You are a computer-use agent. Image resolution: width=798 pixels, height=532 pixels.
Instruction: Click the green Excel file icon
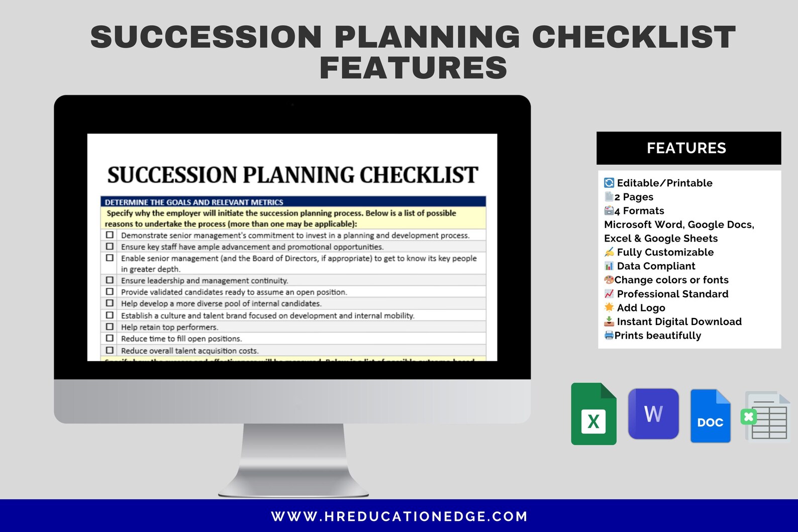click(593, 414)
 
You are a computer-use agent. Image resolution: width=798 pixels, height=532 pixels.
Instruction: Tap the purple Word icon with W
click(653, 413)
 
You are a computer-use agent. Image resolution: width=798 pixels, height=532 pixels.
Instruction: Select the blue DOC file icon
click(710, 416)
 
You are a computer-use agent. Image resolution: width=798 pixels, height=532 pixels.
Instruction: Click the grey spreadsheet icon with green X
click(765, 416)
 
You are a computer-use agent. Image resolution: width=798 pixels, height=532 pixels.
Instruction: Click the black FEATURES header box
click(688, 148)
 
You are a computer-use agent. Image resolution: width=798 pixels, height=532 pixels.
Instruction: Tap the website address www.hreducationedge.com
click(400, 516)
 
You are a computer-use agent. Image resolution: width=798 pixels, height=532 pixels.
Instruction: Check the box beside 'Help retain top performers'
click(110, 327)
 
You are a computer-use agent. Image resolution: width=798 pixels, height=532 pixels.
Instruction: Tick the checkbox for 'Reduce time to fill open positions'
click(110, 339)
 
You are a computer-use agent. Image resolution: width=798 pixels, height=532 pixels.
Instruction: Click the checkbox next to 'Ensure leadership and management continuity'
click(110, 280)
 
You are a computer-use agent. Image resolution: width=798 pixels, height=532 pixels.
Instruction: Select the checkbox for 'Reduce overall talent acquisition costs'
click(110, 350)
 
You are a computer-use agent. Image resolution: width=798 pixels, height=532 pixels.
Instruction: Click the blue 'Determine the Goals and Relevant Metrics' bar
click(293, 202)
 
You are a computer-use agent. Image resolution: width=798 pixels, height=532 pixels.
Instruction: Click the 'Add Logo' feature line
click(641, 308)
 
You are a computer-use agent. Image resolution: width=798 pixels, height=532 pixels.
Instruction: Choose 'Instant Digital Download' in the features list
click(679, 322)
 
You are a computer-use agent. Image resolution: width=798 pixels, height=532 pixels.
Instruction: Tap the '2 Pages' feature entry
click(634, 197)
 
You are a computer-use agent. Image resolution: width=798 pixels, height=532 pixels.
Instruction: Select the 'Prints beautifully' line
click(657, 336)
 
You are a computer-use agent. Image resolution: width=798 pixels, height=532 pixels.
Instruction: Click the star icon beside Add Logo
click(609, 307)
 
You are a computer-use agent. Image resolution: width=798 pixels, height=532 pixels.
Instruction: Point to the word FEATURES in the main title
click(413, 68)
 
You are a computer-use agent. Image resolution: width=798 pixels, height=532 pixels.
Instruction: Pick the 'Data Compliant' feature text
click(656, 266)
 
